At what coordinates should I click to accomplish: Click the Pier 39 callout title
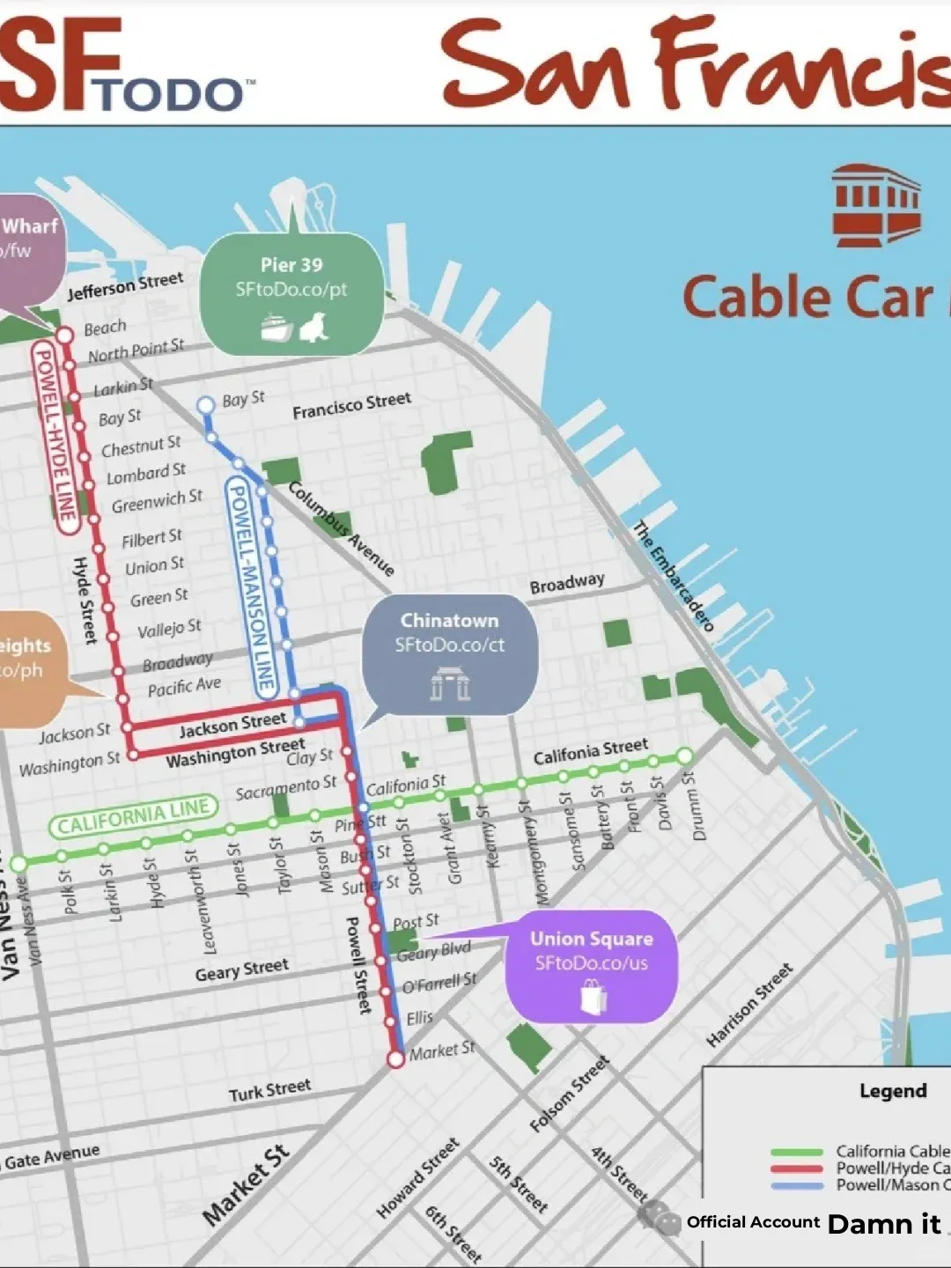coord(291,264)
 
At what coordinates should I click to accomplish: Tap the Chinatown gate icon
coord(450,683)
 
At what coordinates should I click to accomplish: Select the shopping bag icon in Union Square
coord(593,998)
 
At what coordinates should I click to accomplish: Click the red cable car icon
coord(876,205)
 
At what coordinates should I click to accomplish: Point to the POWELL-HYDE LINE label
coord(55,438)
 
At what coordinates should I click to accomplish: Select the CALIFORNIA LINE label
coord(133,816)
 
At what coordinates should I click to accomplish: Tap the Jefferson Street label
coord(125,285)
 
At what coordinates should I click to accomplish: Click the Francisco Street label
coord(351,406)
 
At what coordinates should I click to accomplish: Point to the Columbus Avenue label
coord(342,528)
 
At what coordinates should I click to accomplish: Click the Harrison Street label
coord(749,1005)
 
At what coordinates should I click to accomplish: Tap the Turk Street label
coord(269,1090)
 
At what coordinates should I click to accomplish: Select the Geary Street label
coord(241,969)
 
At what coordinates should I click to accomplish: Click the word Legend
coord(893,1090)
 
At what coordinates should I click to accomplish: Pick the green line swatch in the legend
coord(796,1152)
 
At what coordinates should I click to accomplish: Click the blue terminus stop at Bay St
coord(205,405)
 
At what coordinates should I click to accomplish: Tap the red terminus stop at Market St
coord(396,1058)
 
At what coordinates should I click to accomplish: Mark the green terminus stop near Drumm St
coord(685,756)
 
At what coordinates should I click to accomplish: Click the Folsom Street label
coord(570,1095)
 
